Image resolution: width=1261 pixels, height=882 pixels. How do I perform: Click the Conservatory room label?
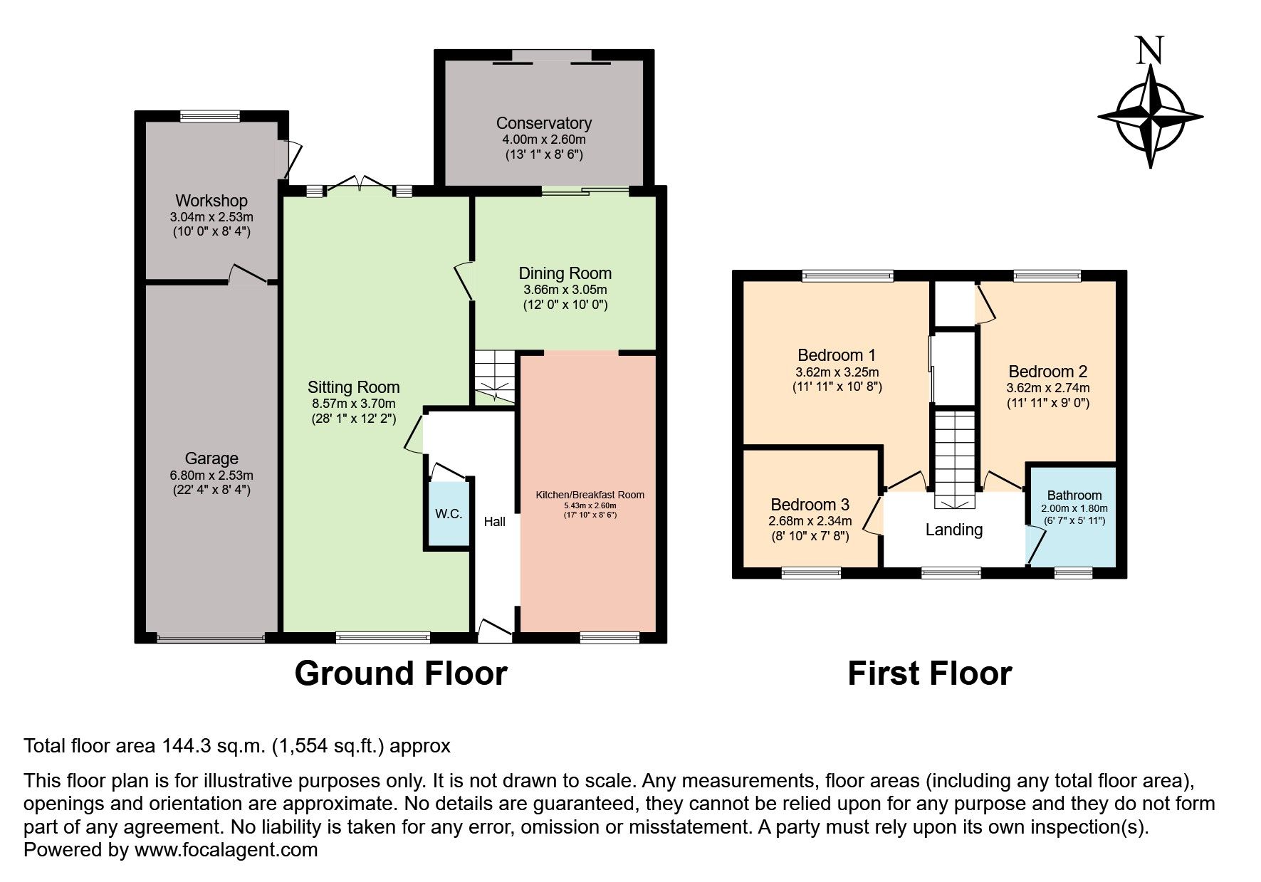(543, 123)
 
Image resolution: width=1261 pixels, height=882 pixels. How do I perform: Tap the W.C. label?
(449, 514)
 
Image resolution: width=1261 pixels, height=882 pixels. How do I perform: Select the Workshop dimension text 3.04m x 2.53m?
(211, 217)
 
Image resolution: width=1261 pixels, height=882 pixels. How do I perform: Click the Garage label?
(211, 458)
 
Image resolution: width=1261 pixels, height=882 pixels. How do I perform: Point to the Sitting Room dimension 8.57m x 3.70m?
(353, 404)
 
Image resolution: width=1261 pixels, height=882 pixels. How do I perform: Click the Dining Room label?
(565, 273)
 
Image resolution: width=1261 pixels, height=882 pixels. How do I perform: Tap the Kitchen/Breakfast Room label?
(590, 495)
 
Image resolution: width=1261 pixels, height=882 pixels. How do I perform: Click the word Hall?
(494, 522)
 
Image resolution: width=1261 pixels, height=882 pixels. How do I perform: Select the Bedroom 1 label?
(837, 355)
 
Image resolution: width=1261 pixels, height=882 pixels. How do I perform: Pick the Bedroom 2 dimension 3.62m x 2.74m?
(1047, 388)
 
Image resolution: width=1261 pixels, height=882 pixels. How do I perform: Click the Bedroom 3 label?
(810, 505)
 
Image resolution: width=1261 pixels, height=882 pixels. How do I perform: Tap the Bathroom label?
(1074, 495)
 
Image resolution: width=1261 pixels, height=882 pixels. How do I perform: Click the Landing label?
(953, 530)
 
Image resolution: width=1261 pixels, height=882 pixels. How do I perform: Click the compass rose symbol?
(1150, 116)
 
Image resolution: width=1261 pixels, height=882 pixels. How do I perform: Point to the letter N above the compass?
(1150, 51)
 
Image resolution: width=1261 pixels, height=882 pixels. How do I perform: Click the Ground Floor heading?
(400, 673)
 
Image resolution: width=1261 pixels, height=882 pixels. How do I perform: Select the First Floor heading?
(929, 673)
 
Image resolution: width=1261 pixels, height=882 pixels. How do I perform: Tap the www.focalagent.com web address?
(226, 850)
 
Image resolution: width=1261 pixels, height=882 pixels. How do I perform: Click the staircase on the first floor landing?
(954, 456)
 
